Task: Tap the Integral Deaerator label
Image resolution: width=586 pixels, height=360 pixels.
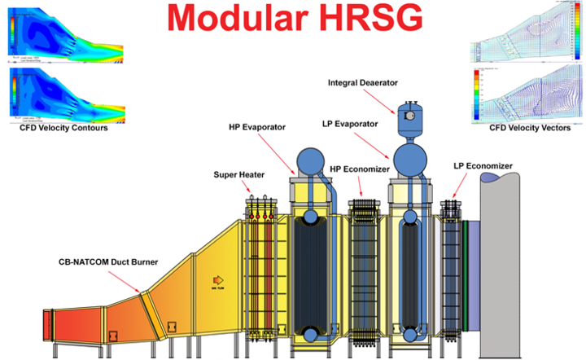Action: pos(364,82)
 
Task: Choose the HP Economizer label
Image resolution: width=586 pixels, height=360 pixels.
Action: pos(361,169)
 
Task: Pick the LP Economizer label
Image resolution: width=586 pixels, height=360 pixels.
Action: pos(483,166)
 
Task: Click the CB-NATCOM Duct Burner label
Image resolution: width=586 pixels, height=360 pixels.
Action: pos(108,263)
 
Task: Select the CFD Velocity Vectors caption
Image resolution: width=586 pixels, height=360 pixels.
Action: pos(529,128)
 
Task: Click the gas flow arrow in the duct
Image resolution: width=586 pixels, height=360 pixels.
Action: pos(217,279)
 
